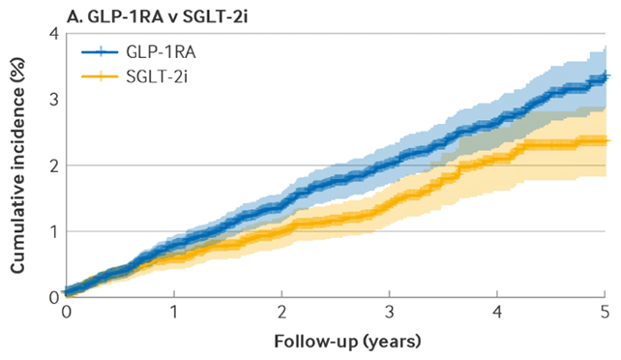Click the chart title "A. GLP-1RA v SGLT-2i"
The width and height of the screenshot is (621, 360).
point(158,17)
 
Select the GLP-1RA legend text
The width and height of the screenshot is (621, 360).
point(161,52)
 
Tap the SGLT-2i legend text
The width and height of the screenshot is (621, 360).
point(157,76)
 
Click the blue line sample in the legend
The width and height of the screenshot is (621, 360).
point(100,52)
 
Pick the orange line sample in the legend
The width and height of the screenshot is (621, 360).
point(100,76)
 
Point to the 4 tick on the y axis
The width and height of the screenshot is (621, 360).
point(54,34)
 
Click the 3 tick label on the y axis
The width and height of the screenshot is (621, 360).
point(54,100)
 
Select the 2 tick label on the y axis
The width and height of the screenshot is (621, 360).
point(54,165)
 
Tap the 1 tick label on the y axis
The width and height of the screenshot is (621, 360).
point(54,231)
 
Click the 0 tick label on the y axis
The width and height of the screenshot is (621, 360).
point(54,297)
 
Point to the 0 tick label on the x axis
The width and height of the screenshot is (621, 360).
point(67,313)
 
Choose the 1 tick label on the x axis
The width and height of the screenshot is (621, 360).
point(174,313)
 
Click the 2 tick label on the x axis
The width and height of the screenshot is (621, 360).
point(282,313)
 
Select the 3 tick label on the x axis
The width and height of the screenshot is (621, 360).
point(390,313)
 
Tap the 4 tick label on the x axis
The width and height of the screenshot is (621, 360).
point(497,313)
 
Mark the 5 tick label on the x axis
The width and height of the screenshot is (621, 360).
point(605,313)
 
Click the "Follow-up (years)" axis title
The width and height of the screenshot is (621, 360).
point(347,342)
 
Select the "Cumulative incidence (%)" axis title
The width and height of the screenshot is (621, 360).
point(17,165)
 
